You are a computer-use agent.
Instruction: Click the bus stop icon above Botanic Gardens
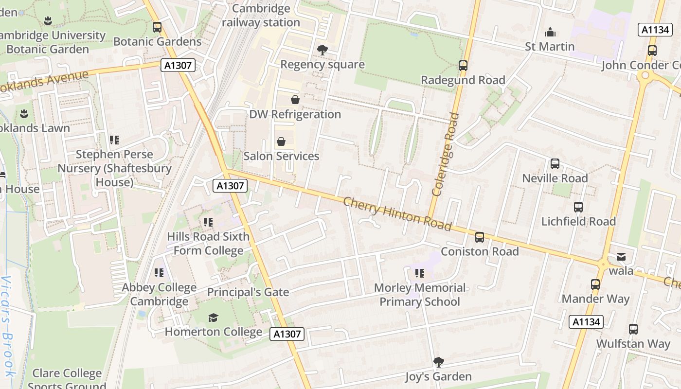157,27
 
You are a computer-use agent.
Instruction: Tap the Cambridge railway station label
261,16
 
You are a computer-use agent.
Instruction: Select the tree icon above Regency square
322,50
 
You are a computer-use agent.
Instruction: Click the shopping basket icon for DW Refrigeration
295,100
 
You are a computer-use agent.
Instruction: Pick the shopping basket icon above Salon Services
281,141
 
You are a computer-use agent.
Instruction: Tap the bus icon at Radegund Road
463,65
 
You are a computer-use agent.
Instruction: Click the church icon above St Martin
550,33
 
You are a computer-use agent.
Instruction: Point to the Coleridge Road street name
445,155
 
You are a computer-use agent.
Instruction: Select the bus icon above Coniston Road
480,237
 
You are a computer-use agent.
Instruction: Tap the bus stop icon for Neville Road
555,164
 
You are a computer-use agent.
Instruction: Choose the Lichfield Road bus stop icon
578,207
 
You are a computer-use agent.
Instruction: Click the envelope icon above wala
621,257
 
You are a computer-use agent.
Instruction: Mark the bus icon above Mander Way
595,284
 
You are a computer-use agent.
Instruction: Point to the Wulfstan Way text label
633,343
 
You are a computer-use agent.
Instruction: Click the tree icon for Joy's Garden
438,362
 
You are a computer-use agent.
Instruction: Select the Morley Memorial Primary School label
420,295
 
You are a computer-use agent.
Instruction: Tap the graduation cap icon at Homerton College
213,318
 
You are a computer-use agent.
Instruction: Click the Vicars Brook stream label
8,326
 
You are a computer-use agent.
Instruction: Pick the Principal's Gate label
248,292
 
